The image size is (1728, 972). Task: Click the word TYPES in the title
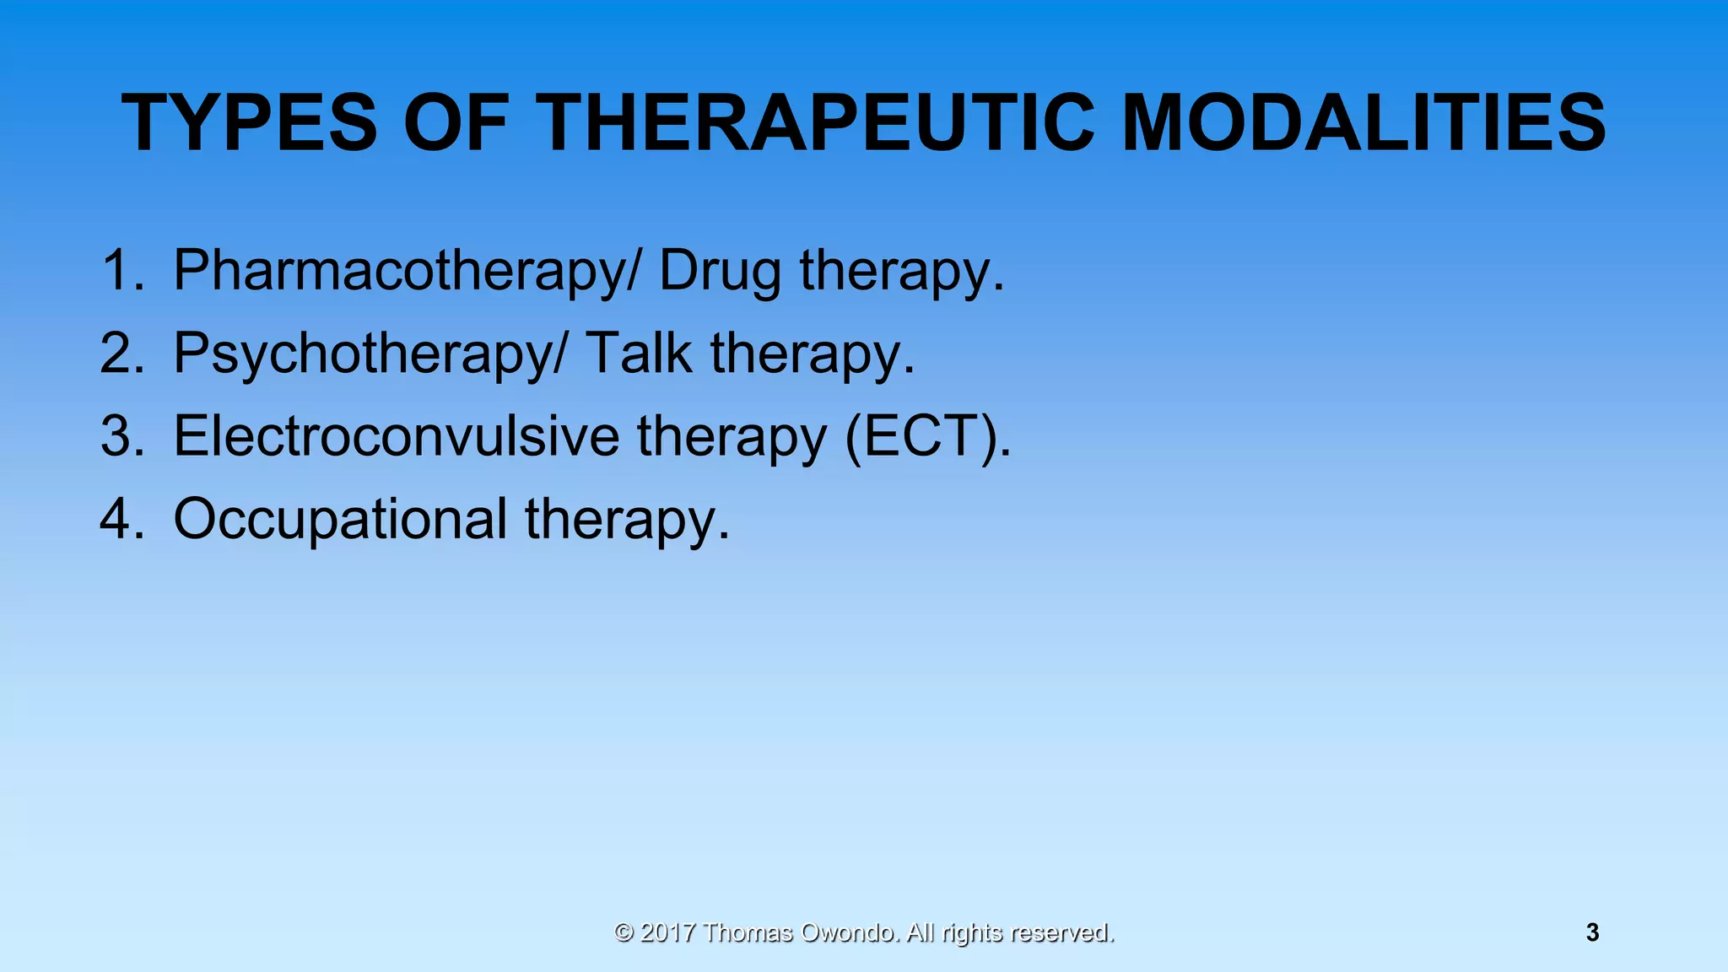click(249, 123)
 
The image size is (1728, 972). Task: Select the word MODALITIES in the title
click(1363, 123)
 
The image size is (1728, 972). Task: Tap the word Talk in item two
click(638, 353)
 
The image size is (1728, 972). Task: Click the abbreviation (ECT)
click(926, 437)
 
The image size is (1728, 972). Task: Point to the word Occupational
click(340, 520)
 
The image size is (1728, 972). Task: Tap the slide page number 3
click(1592, 932)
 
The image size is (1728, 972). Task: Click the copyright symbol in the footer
click(624, 932)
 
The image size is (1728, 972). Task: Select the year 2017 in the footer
click(667, 932)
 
